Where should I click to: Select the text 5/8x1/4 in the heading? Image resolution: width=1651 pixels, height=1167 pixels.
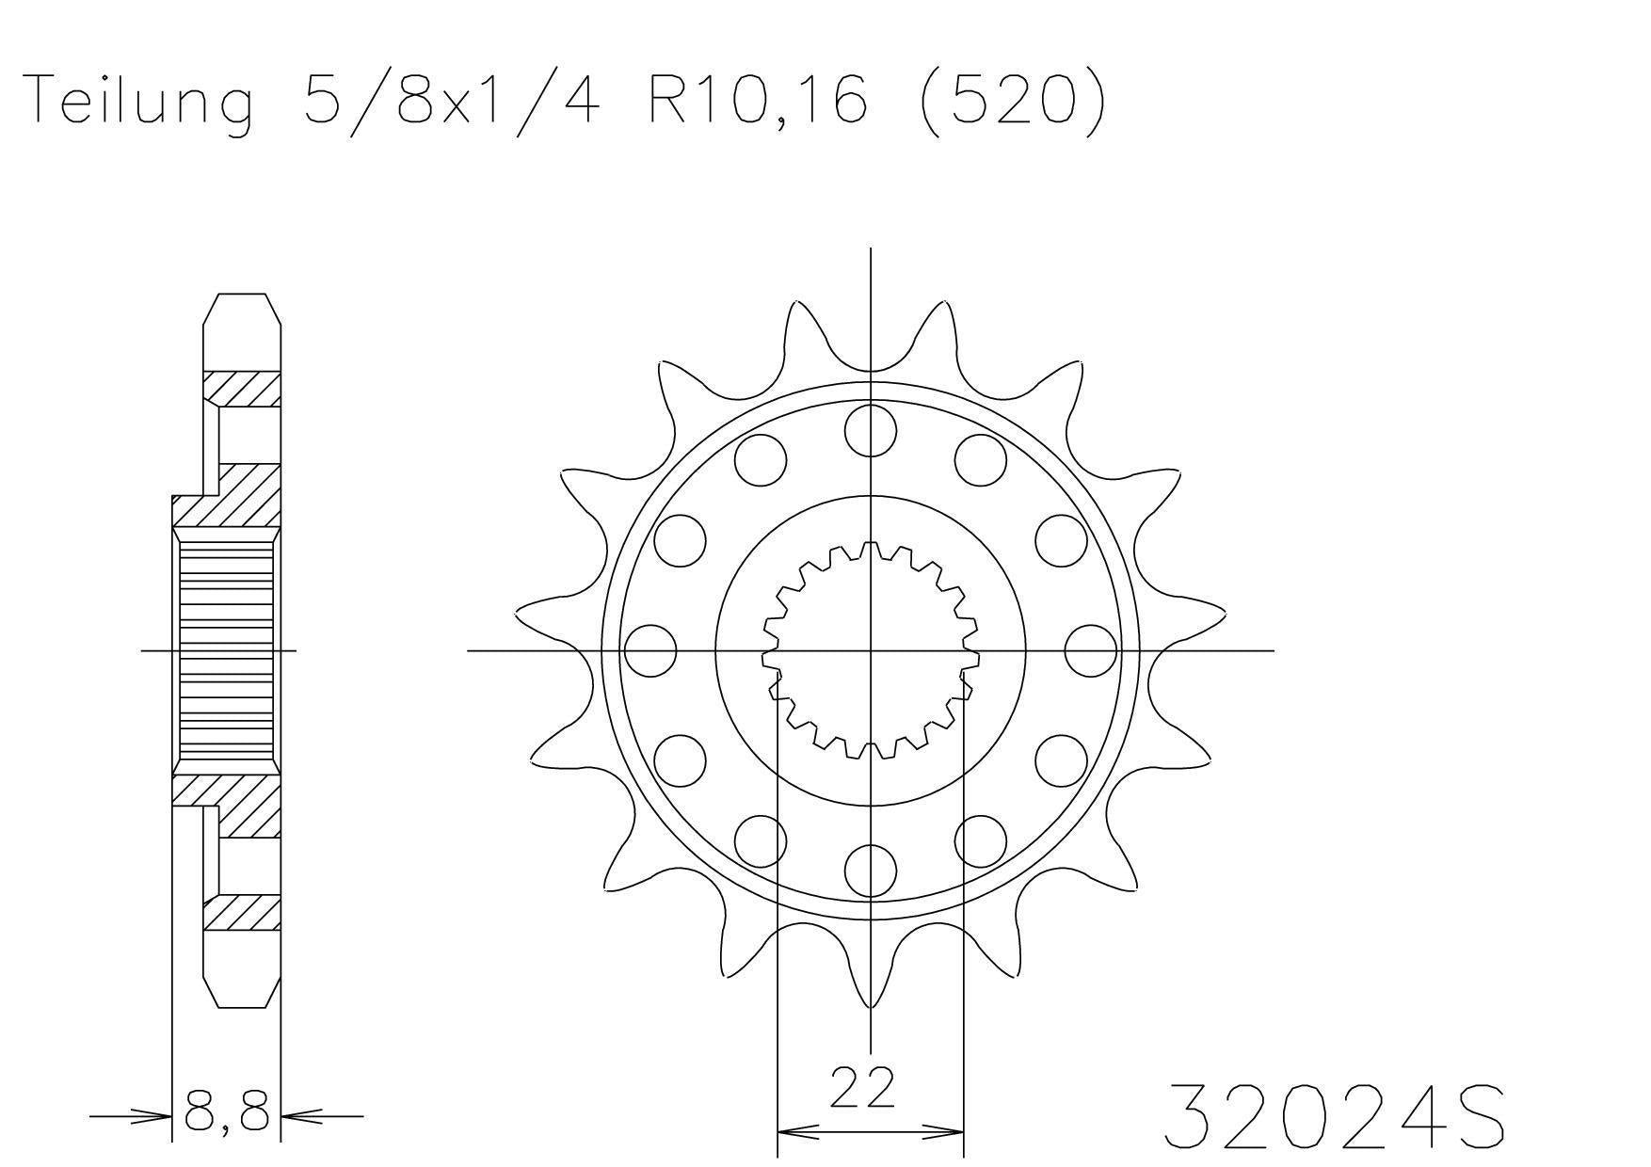(x=450, y=101)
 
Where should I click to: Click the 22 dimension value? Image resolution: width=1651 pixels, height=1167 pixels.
(x=861, y=1087)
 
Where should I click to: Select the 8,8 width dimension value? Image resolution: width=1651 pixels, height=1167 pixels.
(x=227, y=1113)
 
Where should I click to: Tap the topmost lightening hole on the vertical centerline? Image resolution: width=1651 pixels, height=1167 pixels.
(x=870, y=429)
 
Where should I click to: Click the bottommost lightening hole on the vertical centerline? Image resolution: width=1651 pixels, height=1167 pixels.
(x=870, y=871)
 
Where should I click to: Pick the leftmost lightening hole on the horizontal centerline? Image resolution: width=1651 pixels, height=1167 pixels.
(x=650, y=650)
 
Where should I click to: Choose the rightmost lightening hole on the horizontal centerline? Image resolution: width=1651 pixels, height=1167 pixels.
(x=1091, y=650)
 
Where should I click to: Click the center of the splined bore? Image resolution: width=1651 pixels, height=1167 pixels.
(x=870, y=650)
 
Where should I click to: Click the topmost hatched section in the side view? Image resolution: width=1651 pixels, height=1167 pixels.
(x=242, y=389)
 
